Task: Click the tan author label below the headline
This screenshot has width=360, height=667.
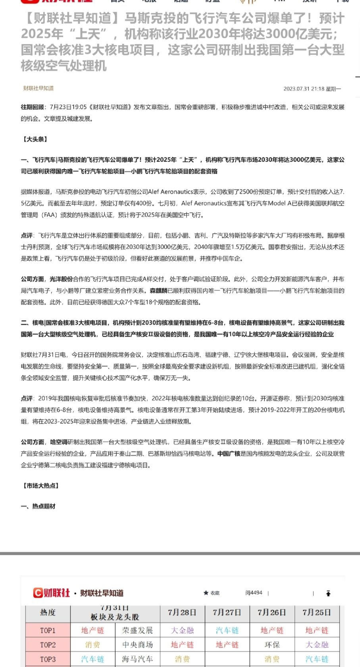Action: pos(38,88)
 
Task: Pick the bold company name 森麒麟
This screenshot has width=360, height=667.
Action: pos(158,291)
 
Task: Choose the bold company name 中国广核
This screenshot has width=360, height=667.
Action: pos(229,453)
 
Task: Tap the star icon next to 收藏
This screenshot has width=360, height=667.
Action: pos(206,593)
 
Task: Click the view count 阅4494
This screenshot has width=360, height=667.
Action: pos(254,593)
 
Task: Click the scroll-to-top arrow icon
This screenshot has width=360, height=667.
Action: pos(328,594)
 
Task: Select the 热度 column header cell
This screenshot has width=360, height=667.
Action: pos(48,613)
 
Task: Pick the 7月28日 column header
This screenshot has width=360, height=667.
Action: pos(182,613)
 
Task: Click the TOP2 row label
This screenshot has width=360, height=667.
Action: pos(48,645)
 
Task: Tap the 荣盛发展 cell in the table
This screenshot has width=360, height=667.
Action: pos(137,630)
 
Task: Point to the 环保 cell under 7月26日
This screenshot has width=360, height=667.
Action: pos(272,645)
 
